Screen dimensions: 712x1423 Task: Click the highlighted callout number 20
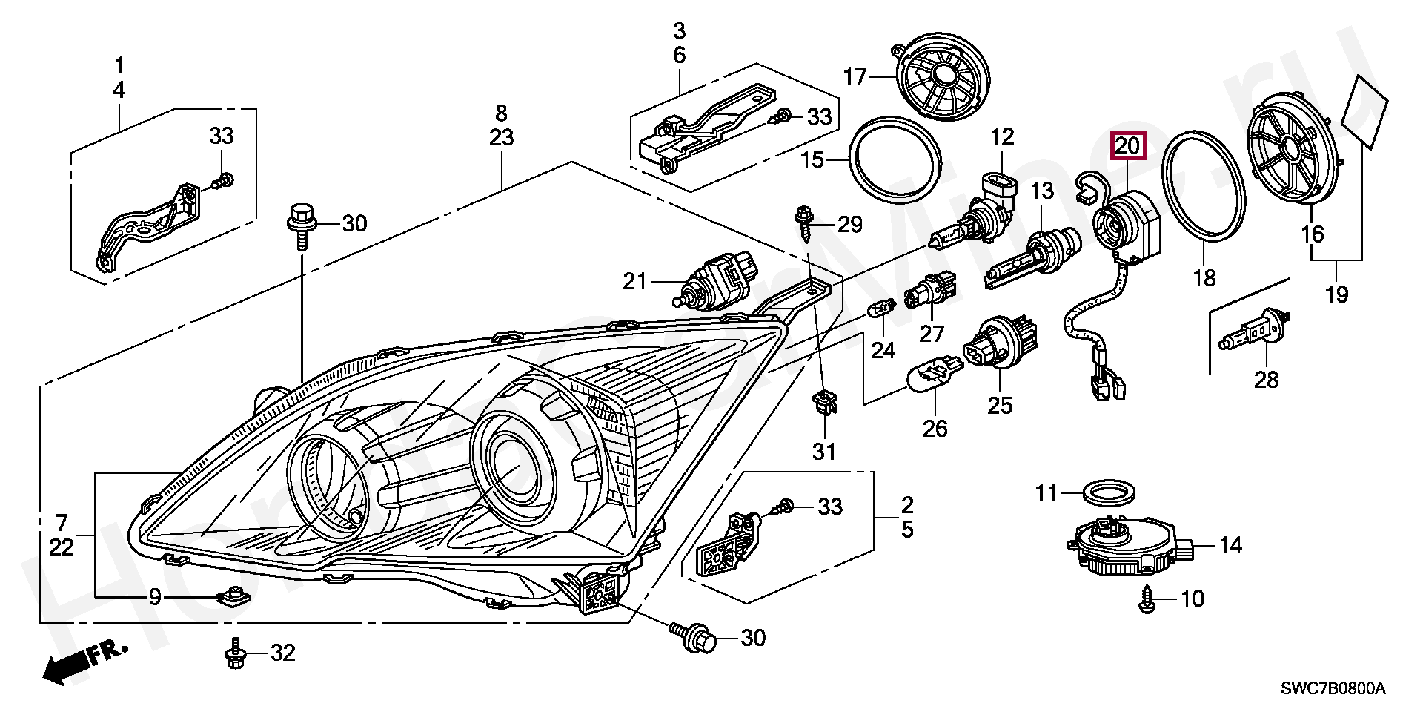1127,146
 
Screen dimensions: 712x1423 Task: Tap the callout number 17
855,76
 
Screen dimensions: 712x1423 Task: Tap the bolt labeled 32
235,652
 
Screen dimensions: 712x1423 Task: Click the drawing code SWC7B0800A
1333,689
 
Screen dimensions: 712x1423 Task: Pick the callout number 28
1266,380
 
